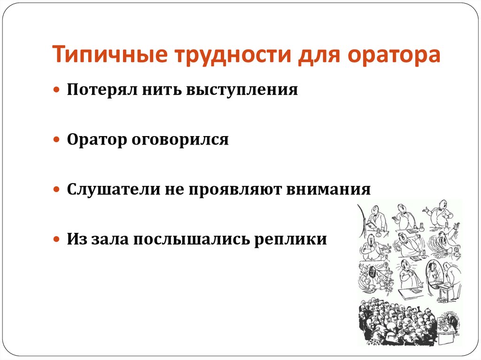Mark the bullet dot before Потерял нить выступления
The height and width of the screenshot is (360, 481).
coord(57,90)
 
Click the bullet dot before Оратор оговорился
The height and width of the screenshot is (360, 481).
coord(57,140)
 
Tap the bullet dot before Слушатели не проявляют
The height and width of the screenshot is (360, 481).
coord(57,190)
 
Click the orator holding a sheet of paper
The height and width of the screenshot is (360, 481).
coord(375,218)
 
